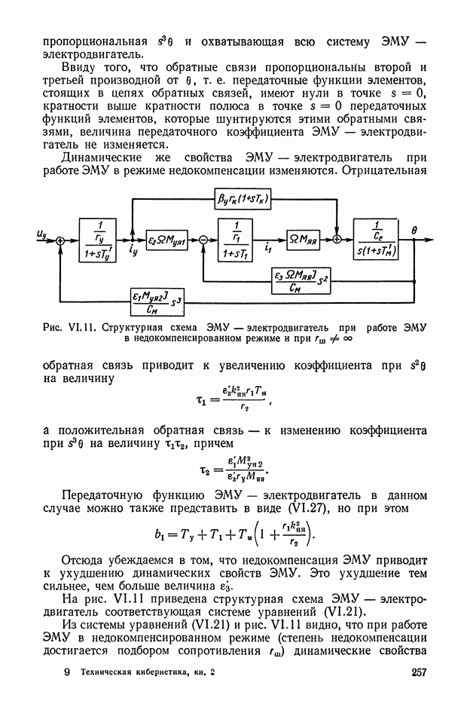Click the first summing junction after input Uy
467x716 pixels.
tap(60, 239)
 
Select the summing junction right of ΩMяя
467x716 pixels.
tap(337, 239)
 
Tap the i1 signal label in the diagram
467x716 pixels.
tap(269, 246)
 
